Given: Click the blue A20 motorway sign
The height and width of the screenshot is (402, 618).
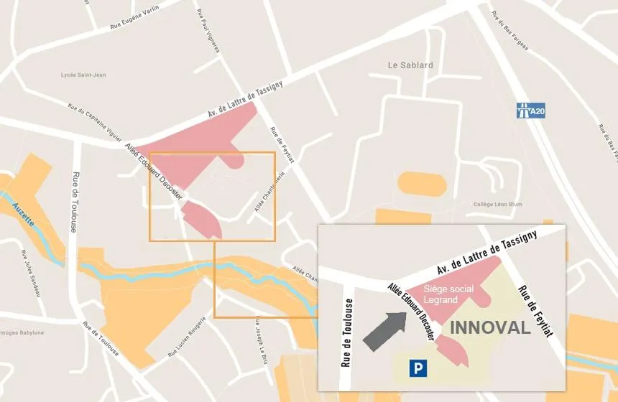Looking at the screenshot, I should pos(530,111).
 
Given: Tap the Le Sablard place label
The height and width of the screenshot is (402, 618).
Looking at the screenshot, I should pos(410,65).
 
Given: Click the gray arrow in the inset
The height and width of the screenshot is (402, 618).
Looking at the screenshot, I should pos(384,330).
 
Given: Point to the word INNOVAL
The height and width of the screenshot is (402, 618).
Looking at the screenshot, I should pos(490,328).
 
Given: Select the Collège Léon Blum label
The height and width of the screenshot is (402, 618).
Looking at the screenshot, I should pos(497,204).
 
